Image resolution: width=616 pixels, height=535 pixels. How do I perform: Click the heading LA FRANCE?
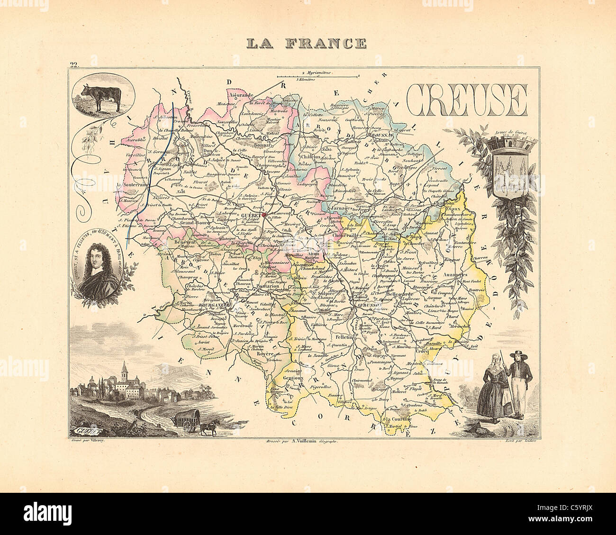[306, 44]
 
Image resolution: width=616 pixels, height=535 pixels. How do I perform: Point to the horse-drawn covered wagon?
[190, 421]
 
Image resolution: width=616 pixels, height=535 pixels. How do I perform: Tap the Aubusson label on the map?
[362, 307]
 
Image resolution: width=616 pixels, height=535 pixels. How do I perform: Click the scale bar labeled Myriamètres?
[318, 75]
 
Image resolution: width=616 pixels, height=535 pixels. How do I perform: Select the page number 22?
[73, 65]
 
